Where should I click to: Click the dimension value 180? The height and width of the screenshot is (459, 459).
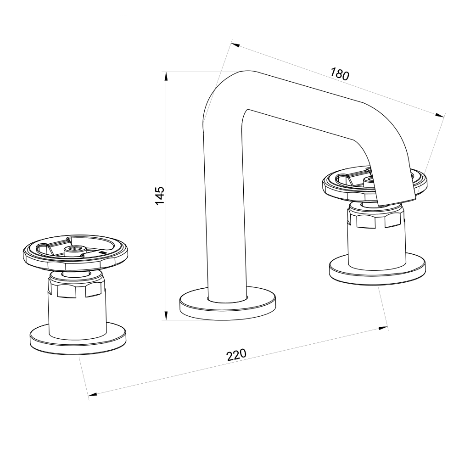340,74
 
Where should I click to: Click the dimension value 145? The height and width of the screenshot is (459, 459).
160,196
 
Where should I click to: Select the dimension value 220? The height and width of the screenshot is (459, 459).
236,355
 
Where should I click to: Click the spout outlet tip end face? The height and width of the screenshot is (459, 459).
396,202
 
